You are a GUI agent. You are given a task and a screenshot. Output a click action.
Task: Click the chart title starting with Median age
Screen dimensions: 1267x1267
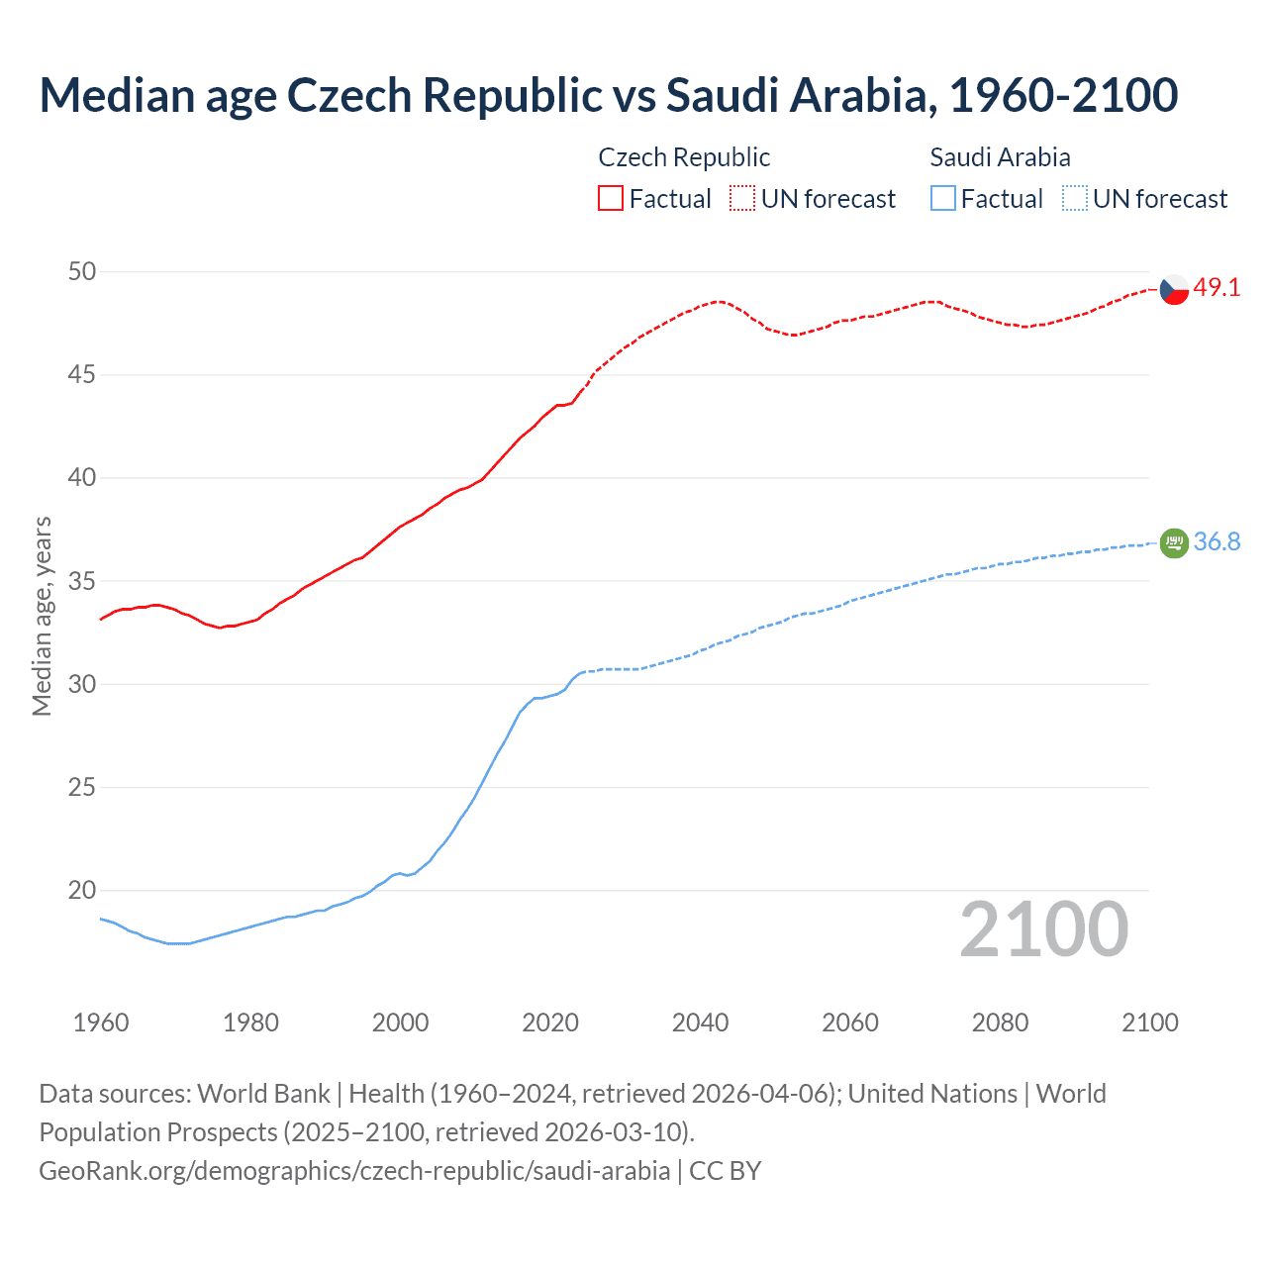[608, 95]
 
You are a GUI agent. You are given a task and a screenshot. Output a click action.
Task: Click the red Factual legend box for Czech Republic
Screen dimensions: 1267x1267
[611, 199]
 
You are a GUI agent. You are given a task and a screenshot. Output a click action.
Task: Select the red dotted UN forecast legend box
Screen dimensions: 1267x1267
[742, 199]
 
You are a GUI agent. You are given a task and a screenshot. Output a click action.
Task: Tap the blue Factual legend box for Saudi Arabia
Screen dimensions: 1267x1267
[943, 199]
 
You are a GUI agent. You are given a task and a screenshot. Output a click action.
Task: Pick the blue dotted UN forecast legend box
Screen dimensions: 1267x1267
[1075, 199]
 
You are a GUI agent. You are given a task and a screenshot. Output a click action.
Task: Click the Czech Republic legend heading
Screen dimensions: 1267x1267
[684, 157]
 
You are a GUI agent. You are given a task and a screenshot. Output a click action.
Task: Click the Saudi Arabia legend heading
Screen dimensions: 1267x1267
[1000, 157]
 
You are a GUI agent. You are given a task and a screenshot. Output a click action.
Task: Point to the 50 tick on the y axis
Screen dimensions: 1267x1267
[82, 271]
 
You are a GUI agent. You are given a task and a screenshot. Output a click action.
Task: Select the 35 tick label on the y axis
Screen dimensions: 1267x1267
[82, 581]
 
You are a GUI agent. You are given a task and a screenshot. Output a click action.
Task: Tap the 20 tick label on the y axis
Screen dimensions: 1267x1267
[82, 891]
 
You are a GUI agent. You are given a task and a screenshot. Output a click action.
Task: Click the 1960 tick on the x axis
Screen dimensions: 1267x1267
[101, 1023]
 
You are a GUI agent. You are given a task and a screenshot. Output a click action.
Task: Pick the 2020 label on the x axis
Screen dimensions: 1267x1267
[550, 1023]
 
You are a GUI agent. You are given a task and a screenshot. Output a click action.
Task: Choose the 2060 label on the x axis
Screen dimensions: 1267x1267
[850, 1023]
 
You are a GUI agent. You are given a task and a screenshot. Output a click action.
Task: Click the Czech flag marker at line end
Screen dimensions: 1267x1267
[1174, 290]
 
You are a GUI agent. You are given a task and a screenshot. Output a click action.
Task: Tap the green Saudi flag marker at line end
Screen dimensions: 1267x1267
[1174, 542]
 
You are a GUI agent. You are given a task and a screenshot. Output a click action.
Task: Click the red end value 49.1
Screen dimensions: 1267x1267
[1217, 288]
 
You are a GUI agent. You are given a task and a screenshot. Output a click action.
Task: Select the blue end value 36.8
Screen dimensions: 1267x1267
[1217, 541]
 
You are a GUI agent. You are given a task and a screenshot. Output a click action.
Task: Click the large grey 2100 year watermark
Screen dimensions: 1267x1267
[1043, 929]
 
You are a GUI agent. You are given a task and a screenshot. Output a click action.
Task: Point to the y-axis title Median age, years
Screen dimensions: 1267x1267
[42, 616]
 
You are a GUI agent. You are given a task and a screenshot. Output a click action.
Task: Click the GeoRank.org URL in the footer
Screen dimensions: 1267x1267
[354, 1171]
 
